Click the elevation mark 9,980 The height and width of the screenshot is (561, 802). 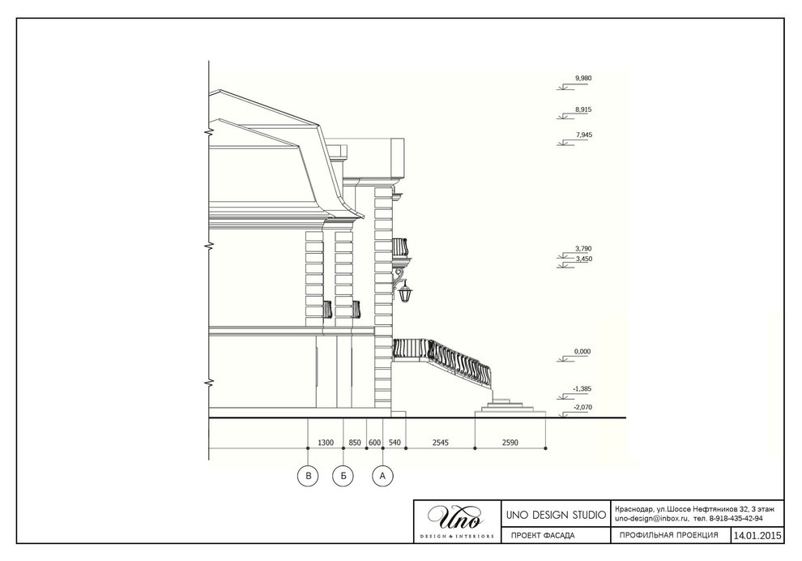(583, 79)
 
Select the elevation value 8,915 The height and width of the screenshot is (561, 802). (583, 109)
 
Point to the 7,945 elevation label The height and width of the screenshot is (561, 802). (584, 135)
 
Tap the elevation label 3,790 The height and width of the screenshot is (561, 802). (583, 249)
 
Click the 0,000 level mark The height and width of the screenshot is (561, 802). (582, 352)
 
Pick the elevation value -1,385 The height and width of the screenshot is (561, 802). (582, 389)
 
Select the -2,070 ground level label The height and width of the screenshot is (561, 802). (582, 408)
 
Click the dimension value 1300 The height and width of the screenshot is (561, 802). (326, 443)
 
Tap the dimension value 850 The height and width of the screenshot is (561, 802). (355, 443)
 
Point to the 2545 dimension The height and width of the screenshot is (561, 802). (440, 443)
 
